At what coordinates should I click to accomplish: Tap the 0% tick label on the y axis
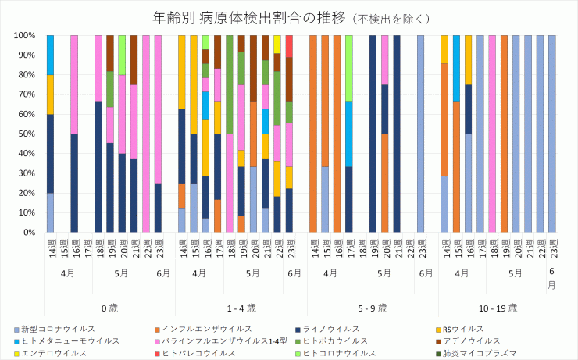click(x=30, y=232)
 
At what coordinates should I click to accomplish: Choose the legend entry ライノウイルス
click(x=333, y=329)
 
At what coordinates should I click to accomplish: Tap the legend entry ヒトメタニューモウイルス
click(x=70, y=340)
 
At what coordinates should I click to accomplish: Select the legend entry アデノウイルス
click(x=471, y=340)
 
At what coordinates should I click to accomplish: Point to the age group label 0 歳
click(x=109, y=308)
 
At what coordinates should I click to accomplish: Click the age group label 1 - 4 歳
click(x=241, y=308)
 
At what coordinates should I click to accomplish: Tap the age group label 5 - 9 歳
click(x=373, y=308)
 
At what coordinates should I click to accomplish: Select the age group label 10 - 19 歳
click(x=504, y=308)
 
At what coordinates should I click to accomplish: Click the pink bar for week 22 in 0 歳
click(x=146, y=134)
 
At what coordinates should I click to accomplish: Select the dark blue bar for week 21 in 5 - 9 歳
click(x=397, y=134)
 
